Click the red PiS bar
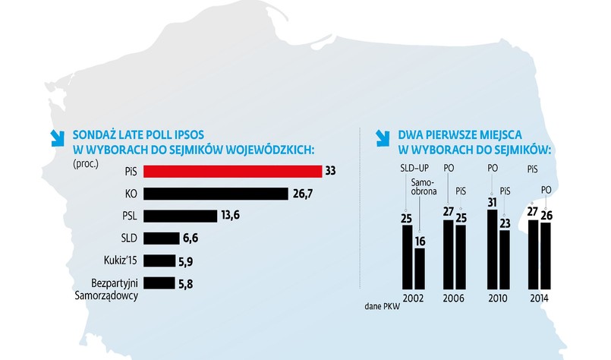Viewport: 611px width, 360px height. pyautogui.click(x=231, y=171)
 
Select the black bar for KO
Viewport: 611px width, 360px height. pyautogui.click(x=215, y=194)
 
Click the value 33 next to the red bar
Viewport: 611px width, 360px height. pyautogui.click(x=330, y=171)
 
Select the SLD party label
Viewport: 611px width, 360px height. pyautogui.click(x=128, y=238)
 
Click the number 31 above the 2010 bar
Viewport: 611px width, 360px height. pyautogui.click(x=492, y=202)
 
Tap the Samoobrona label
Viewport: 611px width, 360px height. pyautogui.click(x=420, y=188)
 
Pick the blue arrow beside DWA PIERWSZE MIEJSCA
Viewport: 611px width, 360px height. pyautogui.click(x=383, y=137)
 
